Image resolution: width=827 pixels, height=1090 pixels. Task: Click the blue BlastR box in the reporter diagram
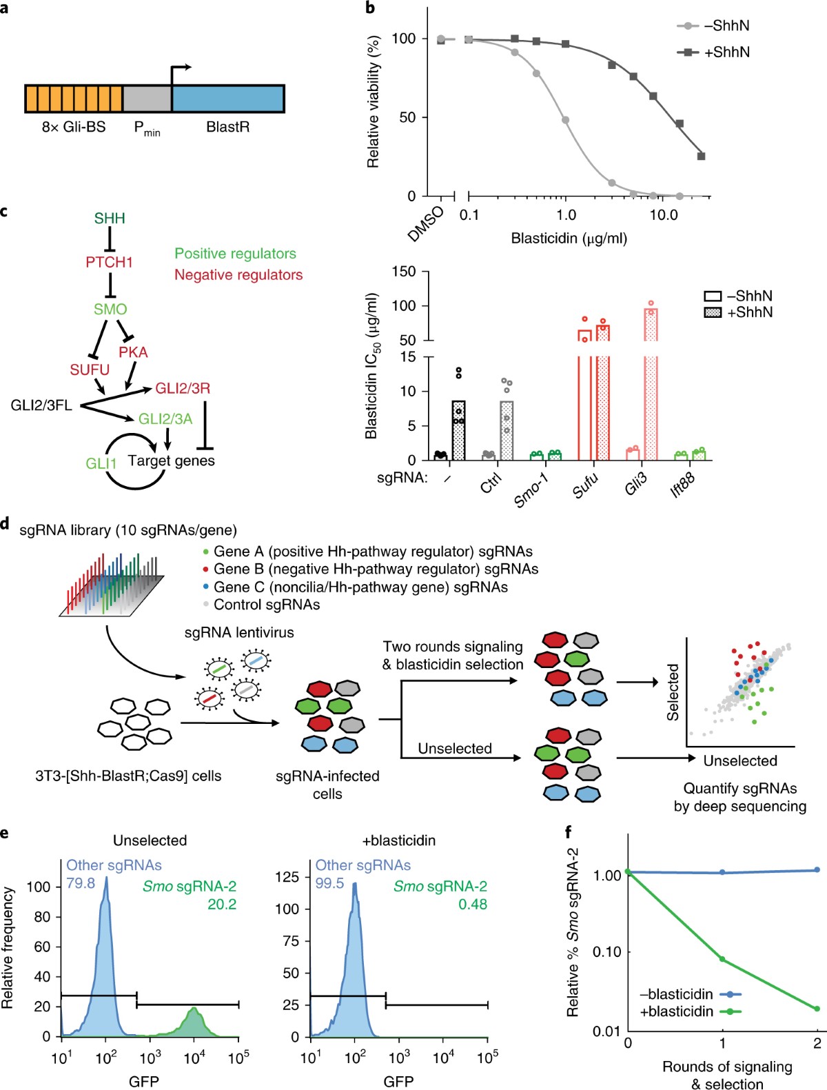[227, 99]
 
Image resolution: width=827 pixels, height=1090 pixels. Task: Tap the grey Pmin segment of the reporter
[147, 99]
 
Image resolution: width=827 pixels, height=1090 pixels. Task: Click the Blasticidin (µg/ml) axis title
[569, 239]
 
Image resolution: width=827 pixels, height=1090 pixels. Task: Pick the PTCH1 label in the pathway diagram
[109, 262]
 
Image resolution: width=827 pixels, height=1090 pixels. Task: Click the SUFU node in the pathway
[90, 370]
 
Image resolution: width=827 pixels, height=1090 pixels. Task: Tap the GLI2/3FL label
[41, 405]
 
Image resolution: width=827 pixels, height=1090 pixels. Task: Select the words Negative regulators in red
[238, 274]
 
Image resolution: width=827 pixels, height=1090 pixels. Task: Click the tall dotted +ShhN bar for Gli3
[651, 386]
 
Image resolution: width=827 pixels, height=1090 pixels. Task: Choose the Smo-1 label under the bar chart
[531, 490]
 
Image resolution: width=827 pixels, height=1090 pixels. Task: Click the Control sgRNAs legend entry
[267, 605]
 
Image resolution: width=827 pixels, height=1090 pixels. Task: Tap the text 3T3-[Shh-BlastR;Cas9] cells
[128, 776]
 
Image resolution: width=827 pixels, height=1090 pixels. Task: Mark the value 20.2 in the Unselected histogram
[222, 904]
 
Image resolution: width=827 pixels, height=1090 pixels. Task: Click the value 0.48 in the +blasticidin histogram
[472, 904]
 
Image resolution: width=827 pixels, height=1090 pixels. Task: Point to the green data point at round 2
[817, 1009]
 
